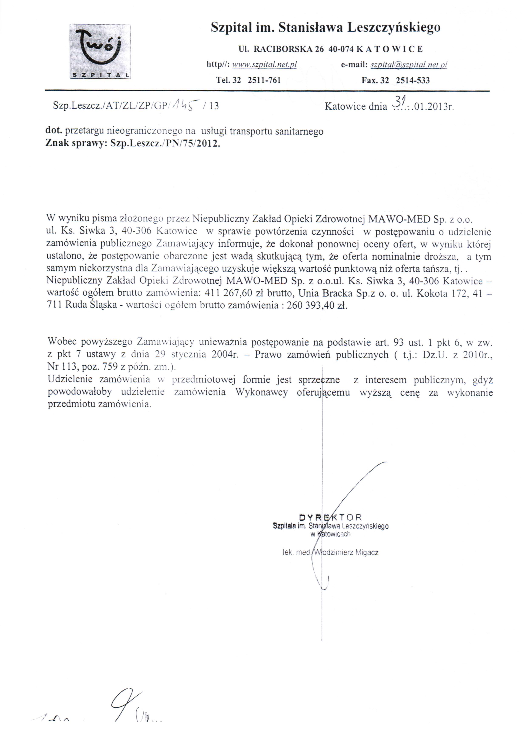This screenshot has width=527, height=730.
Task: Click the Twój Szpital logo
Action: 100,51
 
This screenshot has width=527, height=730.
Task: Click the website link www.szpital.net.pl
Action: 264,65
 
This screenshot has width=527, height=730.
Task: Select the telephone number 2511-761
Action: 264,80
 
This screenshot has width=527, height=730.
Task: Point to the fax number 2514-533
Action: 413,80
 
